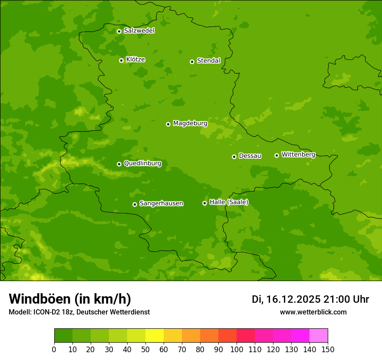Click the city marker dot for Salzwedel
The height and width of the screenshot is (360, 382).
119,31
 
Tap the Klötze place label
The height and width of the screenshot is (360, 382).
135,59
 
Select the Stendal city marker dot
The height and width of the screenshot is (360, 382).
192,62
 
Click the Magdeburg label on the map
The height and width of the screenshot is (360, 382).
190,124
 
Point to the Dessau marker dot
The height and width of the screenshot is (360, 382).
234,157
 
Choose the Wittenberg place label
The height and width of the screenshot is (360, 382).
298,154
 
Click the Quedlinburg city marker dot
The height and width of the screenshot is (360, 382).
119,164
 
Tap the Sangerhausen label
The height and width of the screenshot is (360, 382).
161,203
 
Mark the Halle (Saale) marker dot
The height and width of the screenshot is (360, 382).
204,203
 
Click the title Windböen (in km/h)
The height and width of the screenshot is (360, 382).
70,299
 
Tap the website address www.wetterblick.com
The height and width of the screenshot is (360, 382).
313,312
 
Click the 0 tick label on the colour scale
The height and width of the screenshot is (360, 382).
54,350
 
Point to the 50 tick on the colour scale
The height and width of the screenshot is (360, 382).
145,350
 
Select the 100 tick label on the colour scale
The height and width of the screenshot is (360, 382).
237,350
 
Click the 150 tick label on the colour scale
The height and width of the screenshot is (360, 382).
328,350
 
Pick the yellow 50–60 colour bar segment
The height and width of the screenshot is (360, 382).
155,336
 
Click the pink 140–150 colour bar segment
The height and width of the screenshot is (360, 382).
319,336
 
